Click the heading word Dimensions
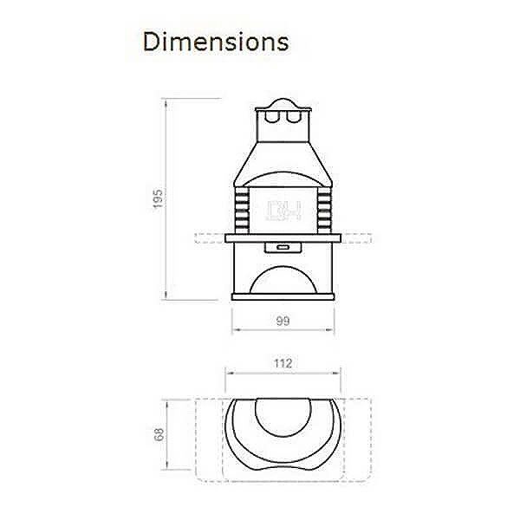(x=216, y=42)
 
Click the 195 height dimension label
(x=158, y=198)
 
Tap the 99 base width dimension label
(x=283, y=321)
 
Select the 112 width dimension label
(x=283, y=363)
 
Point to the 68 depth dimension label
(x=159, y=434)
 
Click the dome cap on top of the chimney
(x=283, y=103)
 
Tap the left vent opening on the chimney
(x=272, y=116)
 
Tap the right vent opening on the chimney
(x=294, y=116)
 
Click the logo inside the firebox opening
(x=284, y=210)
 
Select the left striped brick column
(x=242, y=211)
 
